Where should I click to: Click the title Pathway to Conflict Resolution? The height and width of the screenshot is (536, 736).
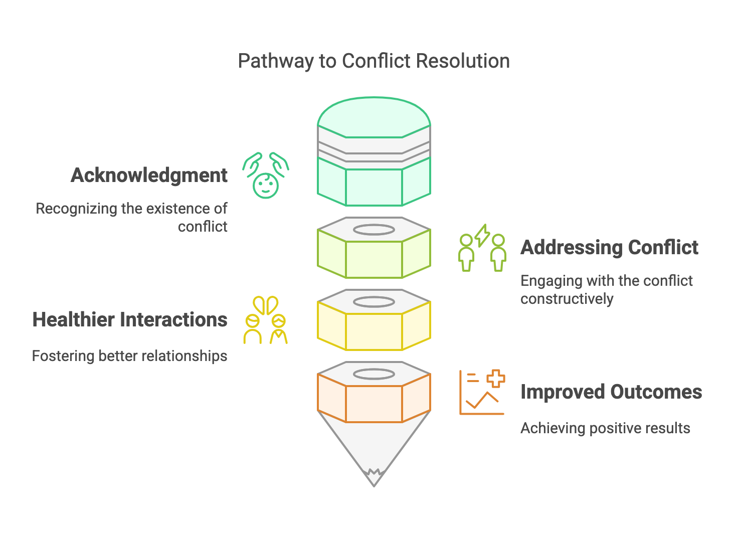[x=374, y=61]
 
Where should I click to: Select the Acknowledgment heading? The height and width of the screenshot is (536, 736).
[x=149, y=175]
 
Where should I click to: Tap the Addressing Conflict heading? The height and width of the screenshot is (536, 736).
[x=609, y=248]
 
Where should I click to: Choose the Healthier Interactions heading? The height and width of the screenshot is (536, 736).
[x=130, y=320]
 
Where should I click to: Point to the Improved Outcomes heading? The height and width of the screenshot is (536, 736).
[x=611, y=392]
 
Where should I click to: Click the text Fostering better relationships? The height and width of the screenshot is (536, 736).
[x=130, y=356]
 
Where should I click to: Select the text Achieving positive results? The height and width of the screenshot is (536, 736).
[x=605, y=428]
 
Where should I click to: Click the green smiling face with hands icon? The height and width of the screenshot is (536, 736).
[x=266, y=175]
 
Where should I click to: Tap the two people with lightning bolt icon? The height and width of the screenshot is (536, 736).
[x=482, y=248]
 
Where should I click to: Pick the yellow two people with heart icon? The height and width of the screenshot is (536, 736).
[x=266, y=320]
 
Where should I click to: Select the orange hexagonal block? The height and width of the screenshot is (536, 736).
[x=374, y=403]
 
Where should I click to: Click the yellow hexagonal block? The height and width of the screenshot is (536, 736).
[x=374, y=331]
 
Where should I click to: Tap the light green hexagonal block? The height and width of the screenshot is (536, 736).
[x=374, y=259]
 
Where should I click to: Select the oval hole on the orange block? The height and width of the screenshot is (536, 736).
[x=374, y=374]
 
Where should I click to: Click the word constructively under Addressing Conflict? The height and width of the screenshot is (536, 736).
[x=567, y=299]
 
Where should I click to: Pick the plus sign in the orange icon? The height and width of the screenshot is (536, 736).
[x=496, y=379]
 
